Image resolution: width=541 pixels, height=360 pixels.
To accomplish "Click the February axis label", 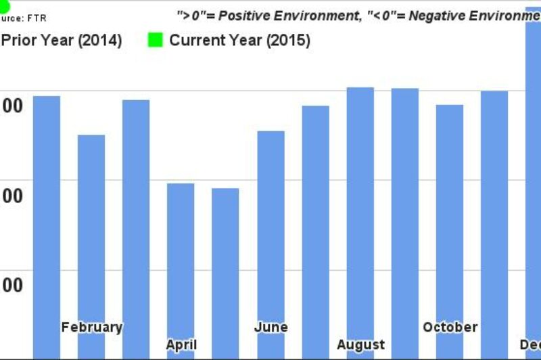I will click(x=91, y=328).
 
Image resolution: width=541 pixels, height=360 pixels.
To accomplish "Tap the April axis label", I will click(x=181, y=345).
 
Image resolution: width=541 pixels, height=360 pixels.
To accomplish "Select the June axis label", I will click(x=270, y=328).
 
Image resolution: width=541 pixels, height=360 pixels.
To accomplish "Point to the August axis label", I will click(x=360, y=345).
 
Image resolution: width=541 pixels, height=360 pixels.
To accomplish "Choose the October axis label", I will click(x=450, y=328).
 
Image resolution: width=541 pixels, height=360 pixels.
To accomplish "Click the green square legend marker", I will click(x=156, y=41).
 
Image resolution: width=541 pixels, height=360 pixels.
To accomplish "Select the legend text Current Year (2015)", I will click(x=239, y=41).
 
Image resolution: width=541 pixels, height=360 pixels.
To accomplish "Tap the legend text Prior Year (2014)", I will click(x=61, y=41).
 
